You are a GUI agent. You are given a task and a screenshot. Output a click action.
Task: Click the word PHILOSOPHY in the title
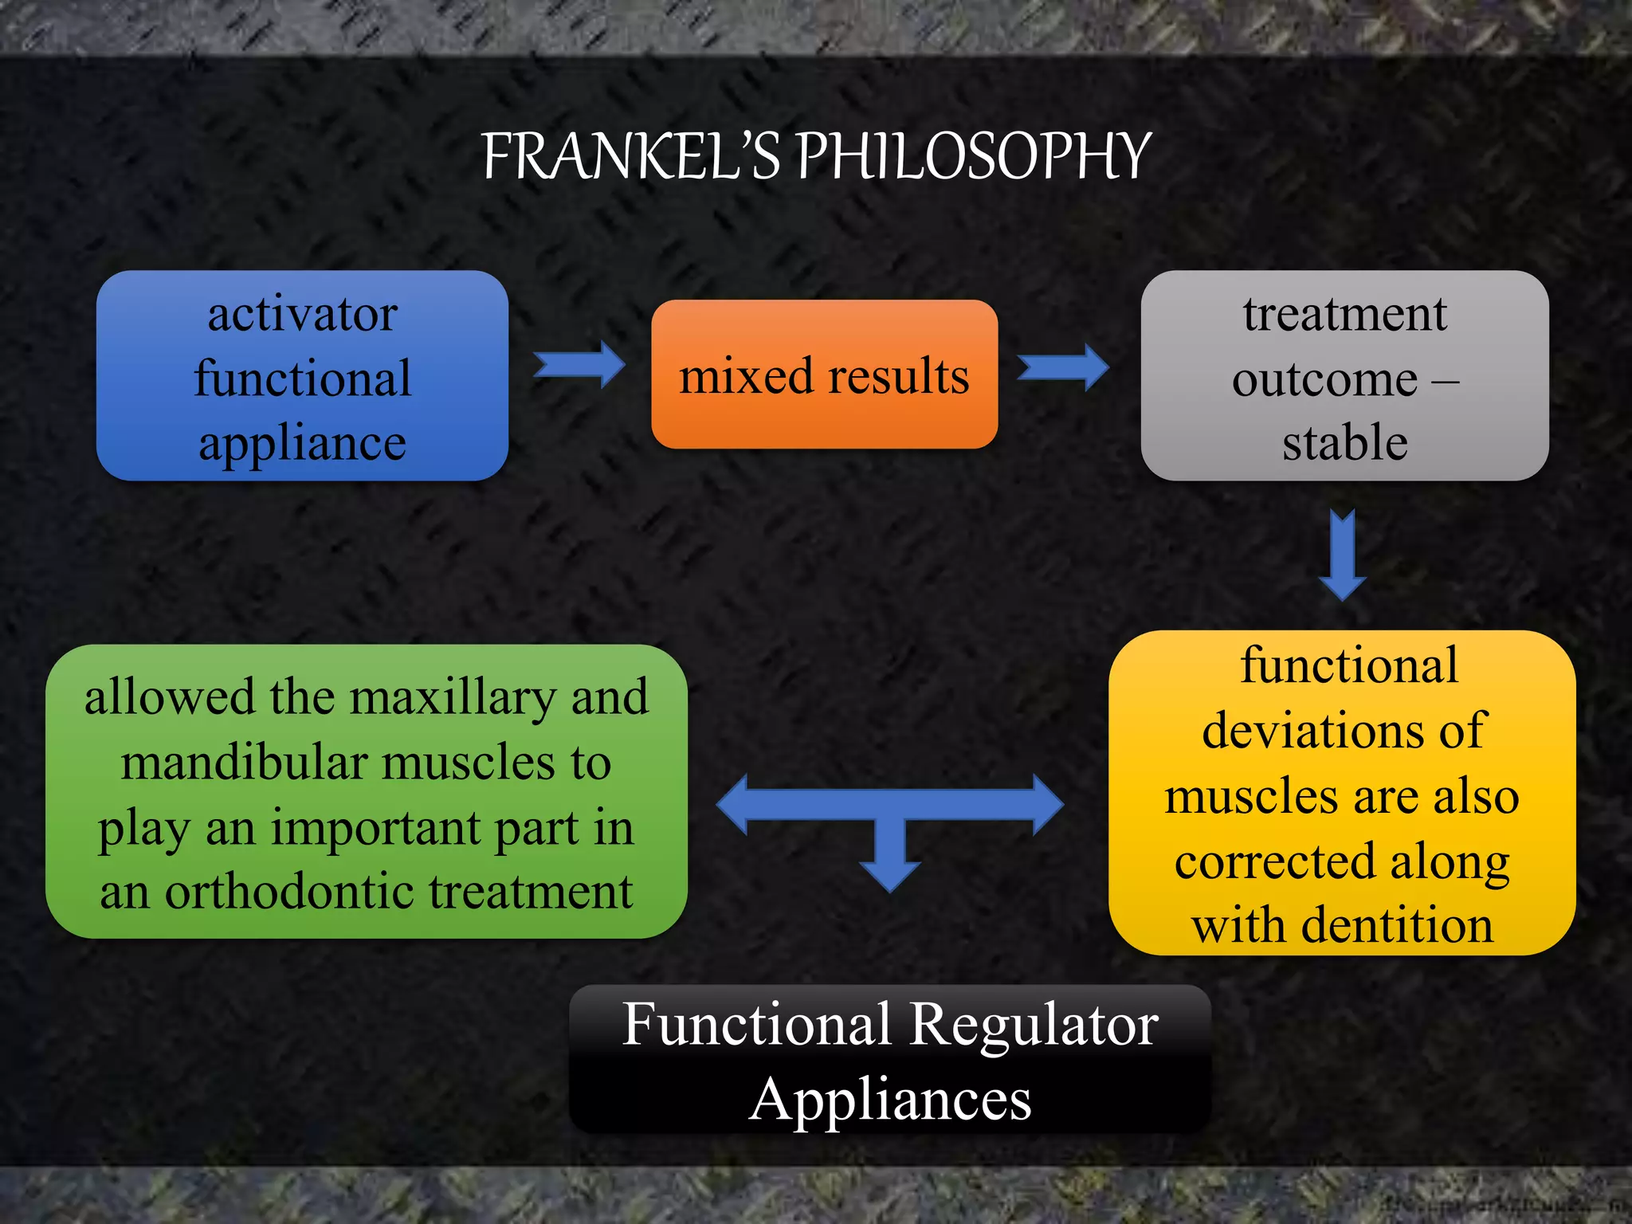tap(974, 156)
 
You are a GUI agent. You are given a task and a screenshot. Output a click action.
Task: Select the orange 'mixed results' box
tap(824, 375)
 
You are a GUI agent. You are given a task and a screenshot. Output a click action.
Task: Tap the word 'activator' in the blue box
tap(302, 314)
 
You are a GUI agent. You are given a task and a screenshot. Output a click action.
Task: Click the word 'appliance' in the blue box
tap(302, 443)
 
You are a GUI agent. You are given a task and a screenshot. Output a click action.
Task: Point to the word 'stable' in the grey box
tap(1344, 443)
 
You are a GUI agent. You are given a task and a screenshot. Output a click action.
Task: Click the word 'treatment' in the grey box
tap(1344, 314)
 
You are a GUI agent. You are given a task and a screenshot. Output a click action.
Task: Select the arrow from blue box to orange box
tap(580, 364)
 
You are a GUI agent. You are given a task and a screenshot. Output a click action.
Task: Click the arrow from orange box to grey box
tap(1064, 367)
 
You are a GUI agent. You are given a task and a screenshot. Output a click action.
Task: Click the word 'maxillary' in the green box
tap(452, 698)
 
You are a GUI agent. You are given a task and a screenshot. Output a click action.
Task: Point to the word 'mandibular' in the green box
tap(245, 763)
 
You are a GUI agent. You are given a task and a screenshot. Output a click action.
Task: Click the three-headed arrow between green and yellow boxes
tap(890, 806)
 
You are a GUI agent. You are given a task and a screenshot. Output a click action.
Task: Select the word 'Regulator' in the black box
tap(1034, 1024)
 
